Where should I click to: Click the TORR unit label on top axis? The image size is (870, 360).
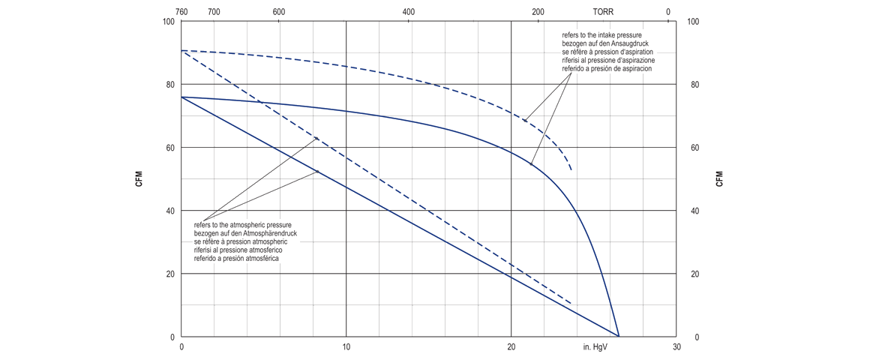pyautogui.click(x=603, y=12)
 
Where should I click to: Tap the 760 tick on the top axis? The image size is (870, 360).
pyautogui.click(x=181, y=12)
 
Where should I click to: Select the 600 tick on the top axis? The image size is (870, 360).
pyautogui.click(x=279, y=12)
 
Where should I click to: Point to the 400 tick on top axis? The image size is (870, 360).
pyautogui.click(x=409, y=12)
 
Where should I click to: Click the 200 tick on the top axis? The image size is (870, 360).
pyautogui.click(x=538, y=12)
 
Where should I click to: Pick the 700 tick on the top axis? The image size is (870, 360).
pyautogui.click(x=214, y=12)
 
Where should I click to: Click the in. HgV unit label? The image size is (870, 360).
pyautogui.click(x=595, y=347)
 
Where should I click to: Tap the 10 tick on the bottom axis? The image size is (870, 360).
pyautogui.click(x=346, y=347)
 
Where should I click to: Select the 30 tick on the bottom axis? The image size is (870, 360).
pyautogui.click(x=676, y=347)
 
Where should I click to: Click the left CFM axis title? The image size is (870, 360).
pyautogui.click(x=139, y=179)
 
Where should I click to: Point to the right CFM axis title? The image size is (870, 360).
pyautogui.click(x=720, y=179)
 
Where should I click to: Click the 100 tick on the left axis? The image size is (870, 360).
pyautogui.click(x=168, y=22)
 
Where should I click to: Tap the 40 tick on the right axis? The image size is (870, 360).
pyautogui.click(x=695, y=211)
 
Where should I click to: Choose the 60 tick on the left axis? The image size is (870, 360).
pyautogui.click(x=170, y=148)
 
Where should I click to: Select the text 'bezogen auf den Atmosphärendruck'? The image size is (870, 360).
pyautogui.click(x=244, y=233)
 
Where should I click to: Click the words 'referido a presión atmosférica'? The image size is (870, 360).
pyautogui.click(x=237, y=258)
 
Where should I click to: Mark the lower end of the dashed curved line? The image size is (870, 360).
pyautogui.click(x=571, y=170)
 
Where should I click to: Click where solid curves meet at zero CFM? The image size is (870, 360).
pyautogui.click(x=619, y=336)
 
